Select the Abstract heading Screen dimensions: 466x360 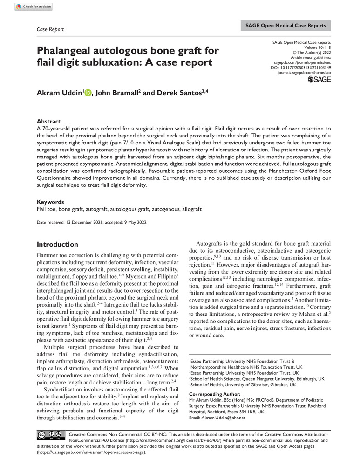[48, 121]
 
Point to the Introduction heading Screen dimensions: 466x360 [57, 244]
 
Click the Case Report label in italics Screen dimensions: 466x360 [50, 29]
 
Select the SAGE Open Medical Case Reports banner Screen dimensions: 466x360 [285, 25]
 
